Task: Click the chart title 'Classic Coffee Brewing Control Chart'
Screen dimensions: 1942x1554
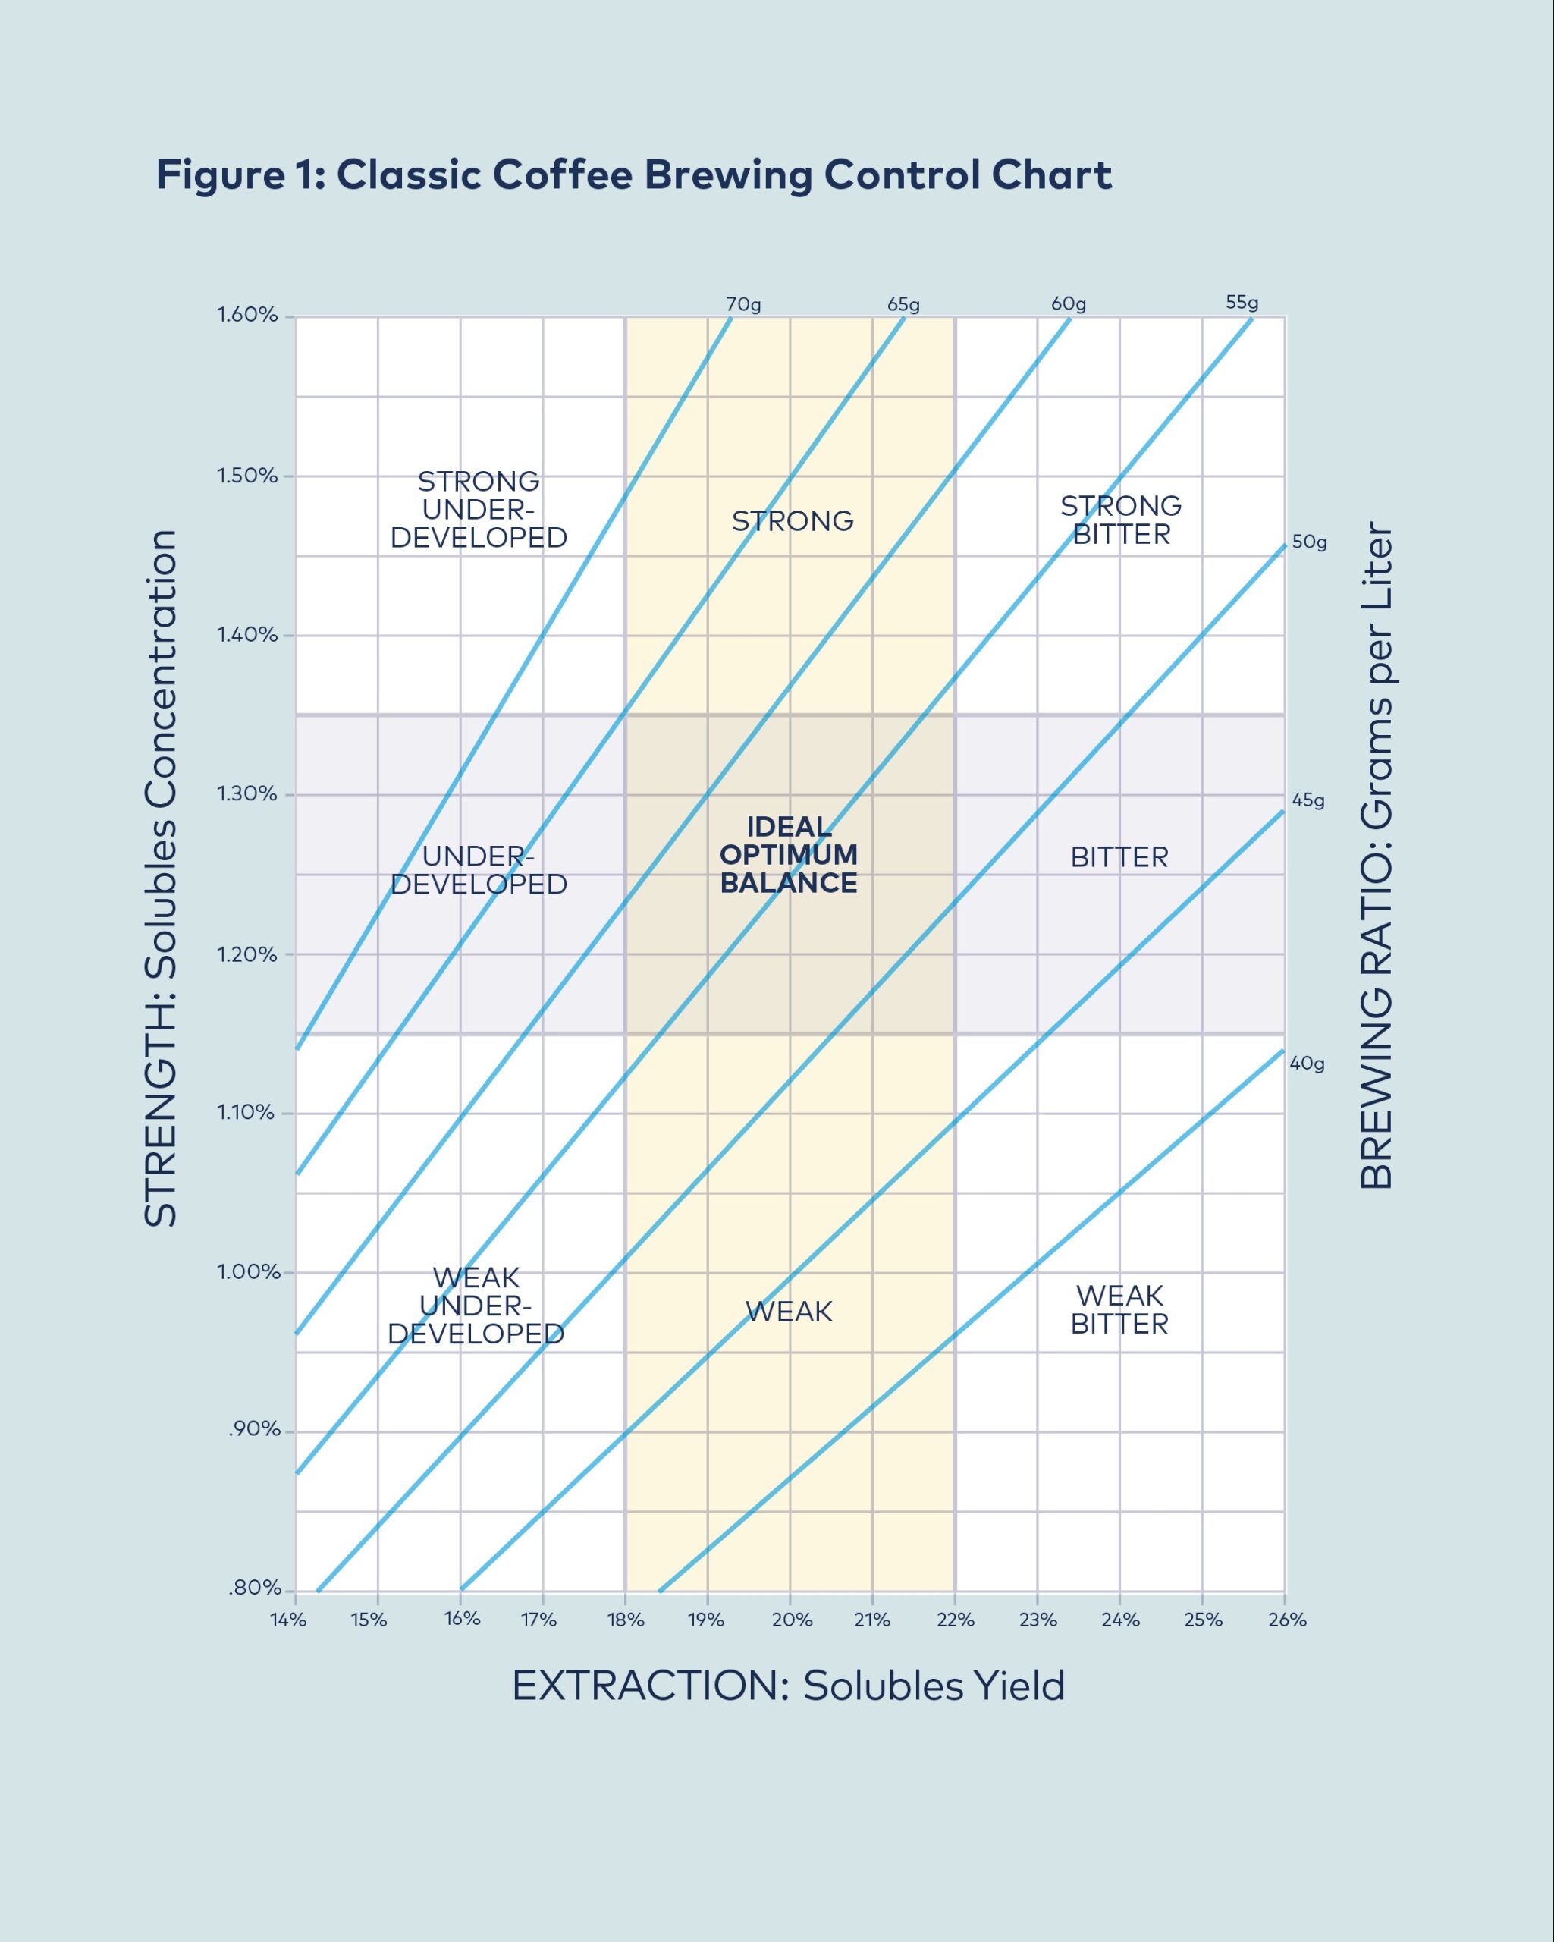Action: (x=634, y=174)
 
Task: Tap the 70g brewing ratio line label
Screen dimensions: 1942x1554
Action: (x=744, y=304)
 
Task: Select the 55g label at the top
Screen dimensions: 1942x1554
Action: (x=1242, y=303)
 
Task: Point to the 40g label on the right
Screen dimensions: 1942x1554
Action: (x=1308, y=1063)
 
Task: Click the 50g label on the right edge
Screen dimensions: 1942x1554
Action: (x=1309, y=542)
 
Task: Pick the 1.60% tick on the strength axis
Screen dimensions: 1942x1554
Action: (x=246, y=316)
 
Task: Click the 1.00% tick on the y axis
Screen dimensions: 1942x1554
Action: (x=246, y=1272)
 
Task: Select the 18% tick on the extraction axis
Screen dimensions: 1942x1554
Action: (x=626, y=1620)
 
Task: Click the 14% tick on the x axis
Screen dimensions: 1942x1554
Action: (x=288, y=1620)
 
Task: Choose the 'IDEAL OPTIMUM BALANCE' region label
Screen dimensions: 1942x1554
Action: (x=789, y=855)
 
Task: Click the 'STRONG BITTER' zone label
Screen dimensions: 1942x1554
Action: (x=1121, y=520)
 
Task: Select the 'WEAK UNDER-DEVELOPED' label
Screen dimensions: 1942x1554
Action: (x=476, y=1306)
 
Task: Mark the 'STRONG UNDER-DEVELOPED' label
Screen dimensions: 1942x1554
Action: (x=479, y=509)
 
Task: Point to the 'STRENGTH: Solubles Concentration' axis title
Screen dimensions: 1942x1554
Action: (x=161, y=878)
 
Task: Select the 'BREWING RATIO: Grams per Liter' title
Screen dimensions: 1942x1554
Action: (x=1377, y=856)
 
